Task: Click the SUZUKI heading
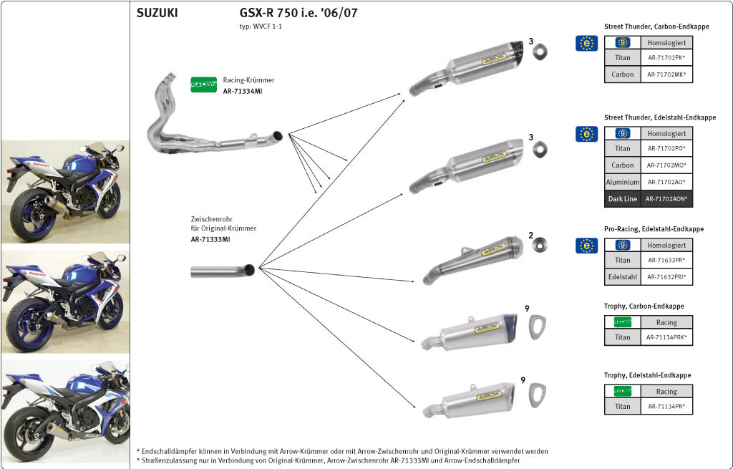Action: [x=157, y=13]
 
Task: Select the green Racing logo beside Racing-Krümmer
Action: [x=204, y=84]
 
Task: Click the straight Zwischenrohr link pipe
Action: [x=222, y=271]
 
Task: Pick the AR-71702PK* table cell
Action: [x=666, y=58]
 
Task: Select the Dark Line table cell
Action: [x=622, y=199]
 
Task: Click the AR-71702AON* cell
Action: [x=666, y=199]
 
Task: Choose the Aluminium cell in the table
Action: [x=622, y=183]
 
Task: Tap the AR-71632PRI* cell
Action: [x=666, y=277]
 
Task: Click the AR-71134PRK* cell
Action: [x=666, y=337]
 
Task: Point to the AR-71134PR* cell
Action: [x=666, y=407]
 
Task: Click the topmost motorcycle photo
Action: [x=65, y=190]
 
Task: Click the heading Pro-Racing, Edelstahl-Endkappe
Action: [x=654, y=229]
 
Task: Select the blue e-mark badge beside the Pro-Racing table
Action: [x=586, y=246]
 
